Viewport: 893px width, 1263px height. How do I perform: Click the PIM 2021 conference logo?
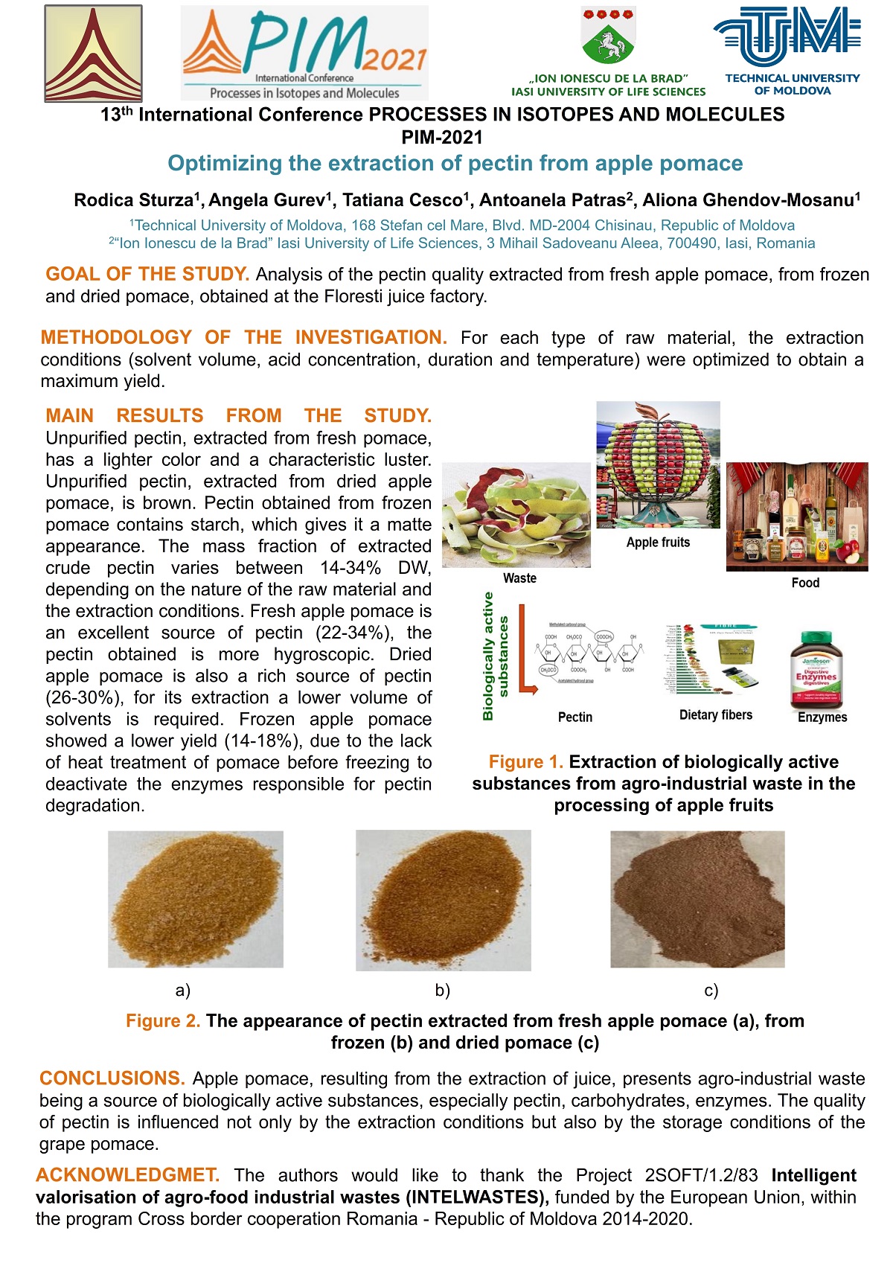pyautogui.click(x=304, y=52)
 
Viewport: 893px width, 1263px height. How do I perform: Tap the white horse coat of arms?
pyautogui.click(x=608, y=37)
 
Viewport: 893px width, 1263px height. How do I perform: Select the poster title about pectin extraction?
pyautogui.click(x=455, y=164)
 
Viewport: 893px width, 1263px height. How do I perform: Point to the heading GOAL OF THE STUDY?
pyautogui.click(x=147, y=274)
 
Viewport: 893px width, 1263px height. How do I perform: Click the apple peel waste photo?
pyautogui.click(x=516, y=514)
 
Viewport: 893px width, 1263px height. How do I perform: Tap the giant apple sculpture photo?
pyautogui.click(x=658, y=464)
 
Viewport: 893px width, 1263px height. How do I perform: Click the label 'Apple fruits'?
pyautogui.click(x=658, y=543)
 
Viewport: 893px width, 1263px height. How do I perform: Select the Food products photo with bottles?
pyautogui.click(x=797, y=517)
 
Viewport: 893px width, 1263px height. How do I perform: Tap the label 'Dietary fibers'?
pyautogui.click(x=715, y=715)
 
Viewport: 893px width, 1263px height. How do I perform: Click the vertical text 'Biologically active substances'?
pyautogui.click(x=495, y=656)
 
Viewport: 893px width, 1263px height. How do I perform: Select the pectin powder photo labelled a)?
pyautogui.click(x=196, y=899)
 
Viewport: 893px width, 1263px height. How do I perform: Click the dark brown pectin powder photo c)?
pyautogui.click(x=697, y=899)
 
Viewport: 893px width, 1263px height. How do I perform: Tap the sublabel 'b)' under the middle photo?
pyautogui.click(x=443, y=991)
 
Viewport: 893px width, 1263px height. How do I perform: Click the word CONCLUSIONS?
pyautogui.click(x=112, y=1078)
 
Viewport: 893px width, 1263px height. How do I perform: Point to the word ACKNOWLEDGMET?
pyautogui.click(x=127, y=1175)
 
